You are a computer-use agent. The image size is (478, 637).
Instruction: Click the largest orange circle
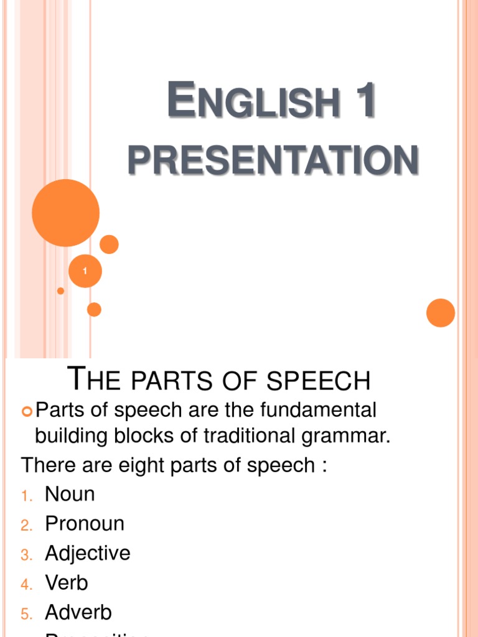coord(65,213)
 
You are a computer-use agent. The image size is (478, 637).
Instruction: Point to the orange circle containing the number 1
coord(85,271)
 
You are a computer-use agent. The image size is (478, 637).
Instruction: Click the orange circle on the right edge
coord(441,312)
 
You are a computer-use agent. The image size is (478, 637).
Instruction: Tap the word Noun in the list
coord(70,495)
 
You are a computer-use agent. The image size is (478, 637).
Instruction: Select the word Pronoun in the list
coord(85,524)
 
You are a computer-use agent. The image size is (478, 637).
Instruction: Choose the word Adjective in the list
coord(88,553)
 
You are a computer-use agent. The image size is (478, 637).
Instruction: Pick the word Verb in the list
coord(67,583)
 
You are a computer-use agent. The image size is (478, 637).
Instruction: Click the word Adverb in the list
coord(78,612)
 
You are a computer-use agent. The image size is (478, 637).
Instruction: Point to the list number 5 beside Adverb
coord(26,613)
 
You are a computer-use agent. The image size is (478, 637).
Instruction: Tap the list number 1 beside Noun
coord(26,496)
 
